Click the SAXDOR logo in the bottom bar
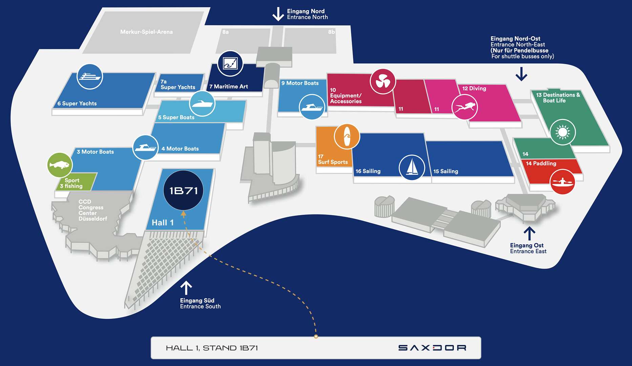coord(432,348)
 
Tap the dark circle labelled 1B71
coord(183,190)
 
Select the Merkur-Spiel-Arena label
coord(146,32)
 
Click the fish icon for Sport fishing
coord(60,165)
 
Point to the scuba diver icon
coord(465,107)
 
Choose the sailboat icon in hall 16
coord(412,167)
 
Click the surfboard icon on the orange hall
coord(347,136)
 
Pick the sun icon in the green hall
coord(563,132)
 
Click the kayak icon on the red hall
coord(562,182)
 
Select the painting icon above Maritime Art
coord(230,63)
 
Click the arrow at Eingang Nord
coord(278,14)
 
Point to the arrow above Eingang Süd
coord(186,288)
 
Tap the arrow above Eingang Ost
coord(529,233)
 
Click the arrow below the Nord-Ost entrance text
coord(521,74)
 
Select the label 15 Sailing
coord(446,171)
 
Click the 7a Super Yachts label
coord(177,84)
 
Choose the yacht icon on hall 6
coord(90,77)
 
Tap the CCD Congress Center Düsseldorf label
coord(92,210)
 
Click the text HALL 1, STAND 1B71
coord(212,348)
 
